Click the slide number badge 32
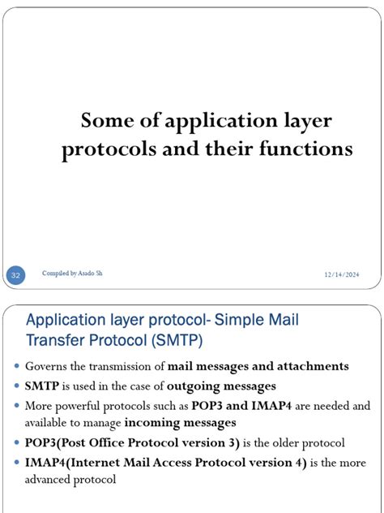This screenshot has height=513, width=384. [15, 277]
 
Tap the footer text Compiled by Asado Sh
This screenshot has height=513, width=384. [72, 274]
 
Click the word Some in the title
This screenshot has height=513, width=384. [104, 122]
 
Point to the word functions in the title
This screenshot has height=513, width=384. [305, 150]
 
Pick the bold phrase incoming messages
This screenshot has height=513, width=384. [180, 422]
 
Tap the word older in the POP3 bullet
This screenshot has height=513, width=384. [292, 442]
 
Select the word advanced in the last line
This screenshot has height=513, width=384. [54, 479]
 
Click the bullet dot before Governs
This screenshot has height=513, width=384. [17, 367]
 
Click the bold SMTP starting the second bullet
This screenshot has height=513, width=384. [42, 386]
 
